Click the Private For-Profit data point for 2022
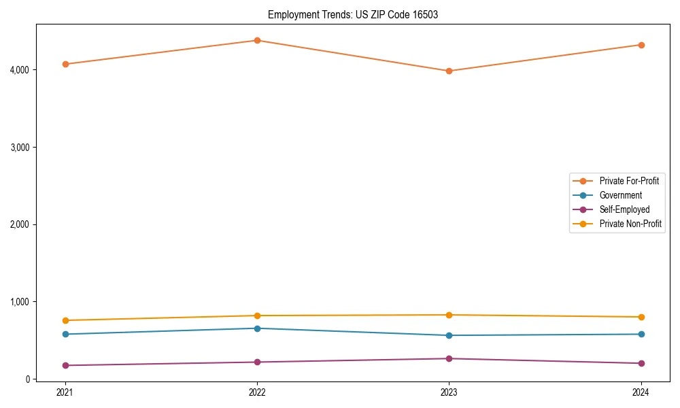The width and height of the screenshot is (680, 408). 257,40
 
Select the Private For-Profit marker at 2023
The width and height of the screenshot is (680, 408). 449,71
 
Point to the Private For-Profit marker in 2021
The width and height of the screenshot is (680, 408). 65,64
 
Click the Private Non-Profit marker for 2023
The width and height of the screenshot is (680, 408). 449,315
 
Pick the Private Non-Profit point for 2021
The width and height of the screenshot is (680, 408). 65,320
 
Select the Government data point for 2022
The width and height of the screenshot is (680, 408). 257,328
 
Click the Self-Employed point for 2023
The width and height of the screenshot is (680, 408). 449,358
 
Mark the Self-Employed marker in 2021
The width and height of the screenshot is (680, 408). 65,365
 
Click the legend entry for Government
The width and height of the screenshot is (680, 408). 620,195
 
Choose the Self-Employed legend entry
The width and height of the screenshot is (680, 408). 624,209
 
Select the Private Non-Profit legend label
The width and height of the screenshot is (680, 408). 630,224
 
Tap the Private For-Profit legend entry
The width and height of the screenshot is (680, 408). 629,181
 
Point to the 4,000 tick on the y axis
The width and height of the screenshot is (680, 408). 19,70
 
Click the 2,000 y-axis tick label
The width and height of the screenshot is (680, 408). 19,224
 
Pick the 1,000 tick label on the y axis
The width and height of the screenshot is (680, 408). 19,302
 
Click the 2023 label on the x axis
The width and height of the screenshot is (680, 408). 449,392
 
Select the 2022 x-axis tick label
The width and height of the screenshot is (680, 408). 257,392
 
